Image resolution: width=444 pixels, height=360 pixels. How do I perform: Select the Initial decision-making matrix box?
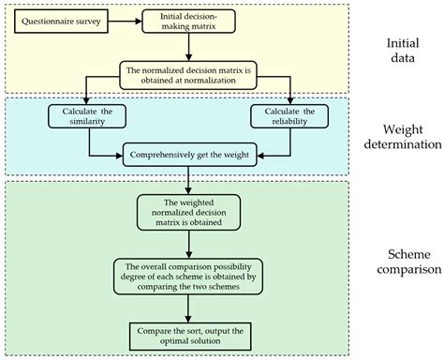tap(191, 22)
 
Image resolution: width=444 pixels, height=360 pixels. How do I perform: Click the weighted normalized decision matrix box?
tap(190, 211)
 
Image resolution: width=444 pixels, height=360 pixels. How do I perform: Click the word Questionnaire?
tap(45, 17)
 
